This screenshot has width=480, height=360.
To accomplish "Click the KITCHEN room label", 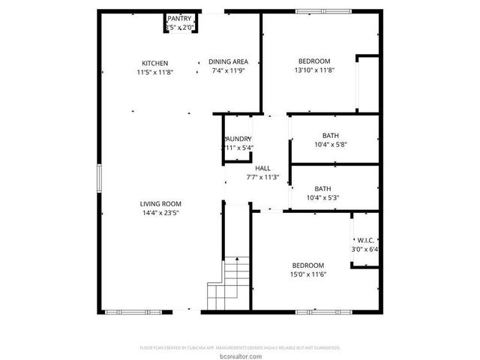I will pyautogui.click(x=155, y=63).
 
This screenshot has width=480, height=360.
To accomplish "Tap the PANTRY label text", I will pyautogui.click(x=179, y=18).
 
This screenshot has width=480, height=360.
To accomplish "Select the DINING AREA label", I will pyautogui.click(x=228, y=63).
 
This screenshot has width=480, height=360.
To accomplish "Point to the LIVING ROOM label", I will pyautogui.click(x=160, y=204).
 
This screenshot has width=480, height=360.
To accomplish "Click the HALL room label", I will pyautogui.click(x=262, y=168).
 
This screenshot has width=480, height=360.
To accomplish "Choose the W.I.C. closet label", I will pyautogui.click(x=365, y=241).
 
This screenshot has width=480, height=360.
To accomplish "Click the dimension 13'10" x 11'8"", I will pyautogui.click(x=314, y=70).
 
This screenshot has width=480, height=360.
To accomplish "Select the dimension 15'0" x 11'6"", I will pyautogui.click(x=308, y=274).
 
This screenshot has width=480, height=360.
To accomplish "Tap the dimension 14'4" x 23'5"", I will pyautogui.click(x=160, y=213).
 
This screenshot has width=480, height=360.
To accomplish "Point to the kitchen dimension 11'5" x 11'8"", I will pyautogui.click(x=155, y=72).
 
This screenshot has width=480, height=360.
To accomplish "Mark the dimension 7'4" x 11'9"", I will pyautogui.click(x=228, y=72).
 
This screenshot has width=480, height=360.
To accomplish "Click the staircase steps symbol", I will pyautogui.click(x=229, y=281).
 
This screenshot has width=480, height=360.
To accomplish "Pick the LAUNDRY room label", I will pyautogui.click(x=238, y=139).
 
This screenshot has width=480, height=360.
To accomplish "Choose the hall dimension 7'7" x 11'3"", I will pyautogui.click(x=262, y=177).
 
